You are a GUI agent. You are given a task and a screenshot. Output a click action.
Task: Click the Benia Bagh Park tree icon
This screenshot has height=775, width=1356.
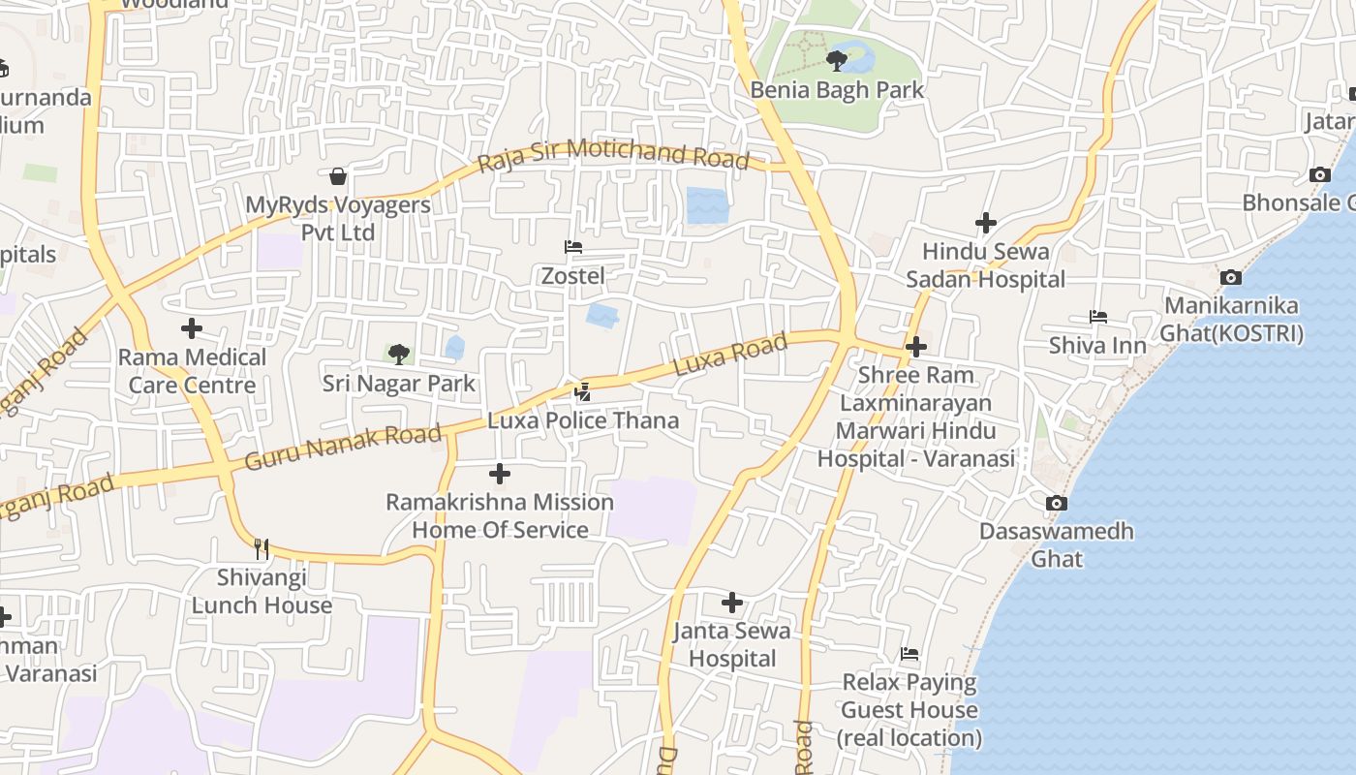837,61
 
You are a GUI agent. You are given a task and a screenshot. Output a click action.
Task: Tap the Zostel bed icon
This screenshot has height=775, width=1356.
573,247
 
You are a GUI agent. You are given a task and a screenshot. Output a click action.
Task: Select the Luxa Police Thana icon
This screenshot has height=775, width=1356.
582,391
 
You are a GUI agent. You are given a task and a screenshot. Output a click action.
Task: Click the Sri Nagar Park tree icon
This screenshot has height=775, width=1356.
398,354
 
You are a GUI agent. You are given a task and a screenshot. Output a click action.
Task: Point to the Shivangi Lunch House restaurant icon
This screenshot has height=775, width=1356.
262,549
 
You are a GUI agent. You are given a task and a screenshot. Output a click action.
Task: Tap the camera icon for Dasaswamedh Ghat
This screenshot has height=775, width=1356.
1057,503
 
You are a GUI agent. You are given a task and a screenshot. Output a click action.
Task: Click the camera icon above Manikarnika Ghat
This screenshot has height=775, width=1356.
1231,278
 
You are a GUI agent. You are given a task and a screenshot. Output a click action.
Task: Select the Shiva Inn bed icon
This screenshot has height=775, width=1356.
1097,317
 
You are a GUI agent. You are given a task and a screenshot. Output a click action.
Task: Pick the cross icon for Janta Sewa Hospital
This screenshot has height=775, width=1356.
732,603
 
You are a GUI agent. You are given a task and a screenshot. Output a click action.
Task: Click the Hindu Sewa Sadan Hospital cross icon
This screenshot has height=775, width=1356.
986,223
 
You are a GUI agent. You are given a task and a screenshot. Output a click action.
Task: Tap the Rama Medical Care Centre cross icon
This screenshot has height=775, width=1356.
192,328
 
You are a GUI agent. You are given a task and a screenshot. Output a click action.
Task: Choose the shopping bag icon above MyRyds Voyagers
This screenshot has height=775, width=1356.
338,176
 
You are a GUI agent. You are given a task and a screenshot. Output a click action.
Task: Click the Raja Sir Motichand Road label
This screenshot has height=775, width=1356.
614,154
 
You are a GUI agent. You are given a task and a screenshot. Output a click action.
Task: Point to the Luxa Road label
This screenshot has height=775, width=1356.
729,356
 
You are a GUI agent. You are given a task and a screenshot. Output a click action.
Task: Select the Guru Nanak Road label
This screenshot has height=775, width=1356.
343,446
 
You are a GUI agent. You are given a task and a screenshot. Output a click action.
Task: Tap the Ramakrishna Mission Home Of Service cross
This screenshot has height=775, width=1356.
500,474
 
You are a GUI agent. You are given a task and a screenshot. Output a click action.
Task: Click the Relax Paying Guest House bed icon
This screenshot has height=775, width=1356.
909,654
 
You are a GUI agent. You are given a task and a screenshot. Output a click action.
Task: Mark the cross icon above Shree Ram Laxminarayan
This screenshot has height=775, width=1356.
916,346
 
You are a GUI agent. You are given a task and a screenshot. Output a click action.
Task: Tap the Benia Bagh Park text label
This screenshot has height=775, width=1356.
838,90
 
